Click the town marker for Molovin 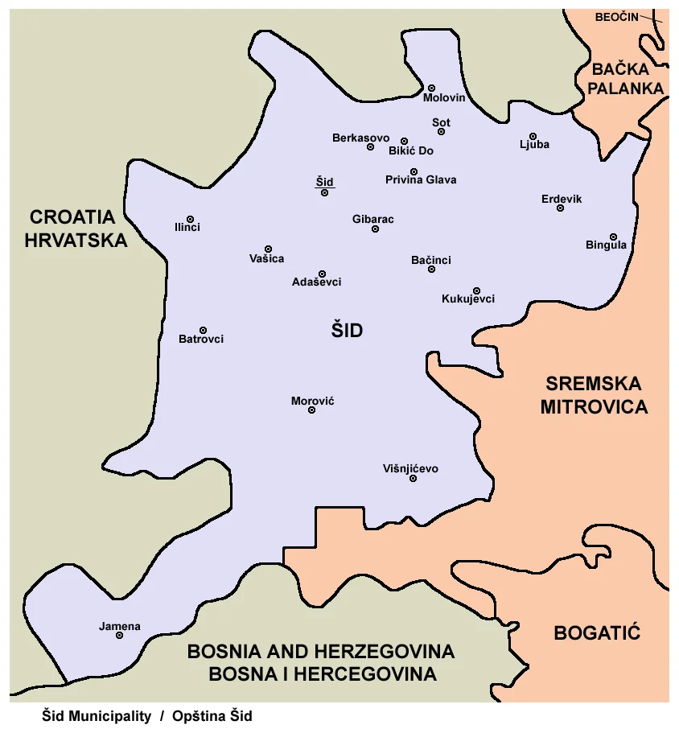(431, 88)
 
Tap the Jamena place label (120, 626)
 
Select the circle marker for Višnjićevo (414, 479)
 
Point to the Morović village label (313, 400)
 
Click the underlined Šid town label (324, 182)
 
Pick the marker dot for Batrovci (203, 330)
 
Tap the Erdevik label (562, 199)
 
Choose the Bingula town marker (613, 237)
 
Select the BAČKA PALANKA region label (626, 79)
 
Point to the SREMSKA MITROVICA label (594, 395)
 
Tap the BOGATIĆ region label (597, 632)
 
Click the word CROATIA (72, 216)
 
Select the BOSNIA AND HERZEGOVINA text (321, 651)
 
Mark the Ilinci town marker (190, 219)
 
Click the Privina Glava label (421, 179)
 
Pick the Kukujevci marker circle (476, 290)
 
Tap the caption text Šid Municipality (97, 716)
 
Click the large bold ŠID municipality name (348, 330)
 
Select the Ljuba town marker (533, 136)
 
